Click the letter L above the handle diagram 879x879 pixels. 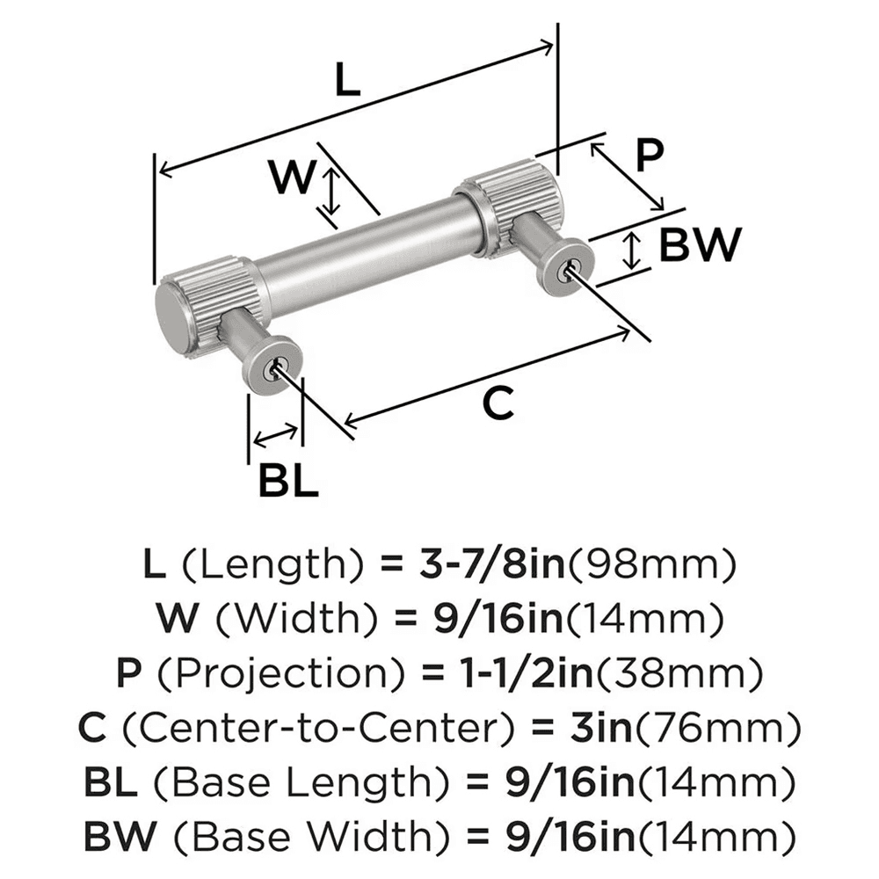pos(348,82)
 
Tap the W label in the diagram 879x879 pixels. pos(291,179)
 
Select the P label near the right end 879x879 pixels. pos(648,156)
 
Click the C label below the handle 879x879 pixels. pos(498,403)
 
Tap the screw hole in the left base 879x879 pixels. pos(280,364)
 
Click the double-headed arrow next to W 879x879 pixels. pos(331,194)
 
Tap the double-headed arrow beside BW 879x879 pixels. pos(630,251)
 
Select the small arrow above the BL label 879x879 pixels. pos(275,435)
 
